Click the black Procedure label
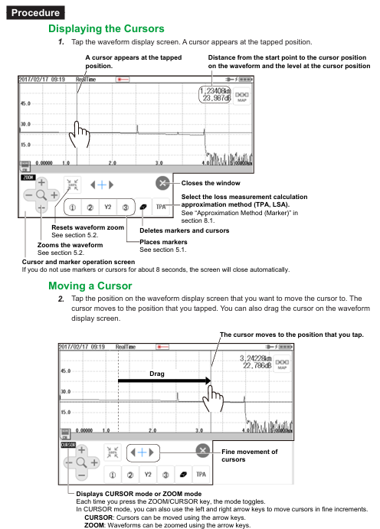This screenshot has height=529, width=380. [x=35, y=13]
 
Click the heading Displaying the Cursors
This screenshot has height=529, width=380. [x=106, y=28]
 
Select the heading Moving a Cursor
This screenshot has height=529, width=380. [x=90, y=286]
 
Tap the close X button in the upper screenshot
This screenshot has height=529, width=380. [x=162, y=183]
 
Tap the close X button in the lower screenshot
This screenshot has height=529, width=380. [x=203, y=450]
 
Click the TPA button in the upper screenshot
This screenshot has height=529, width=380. [x=161, y=207]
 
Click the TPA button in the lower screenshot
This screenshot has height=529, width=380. [x=201, y=475]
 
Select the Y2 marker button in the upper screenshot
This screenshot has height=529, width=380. [x=108, y=207]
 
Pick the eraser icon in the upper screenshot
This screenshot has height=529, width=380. [x=143, y=207]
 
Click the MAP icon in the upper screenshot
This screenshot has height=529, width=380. [x=242, y=96]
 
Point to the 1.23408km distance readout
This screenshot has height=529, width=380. [x=215, y=91]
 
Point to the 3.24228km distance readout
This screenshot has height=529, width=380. [x=255, y=358]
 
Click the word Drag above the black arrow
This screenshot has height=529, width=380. [x=157, y=374]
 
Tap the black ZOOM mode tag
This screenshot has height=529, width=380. [x=28, y=178]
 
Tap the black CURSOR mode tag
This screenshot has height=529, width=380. [x=68, y=445]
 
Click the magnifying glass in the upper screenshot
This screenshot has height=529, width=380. [x=41, y=195]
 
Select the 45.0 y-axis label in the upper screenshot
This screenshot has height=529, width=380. [x=25, y=103]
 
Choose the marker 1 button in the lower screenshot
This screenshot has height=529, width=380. [x=113, y=475]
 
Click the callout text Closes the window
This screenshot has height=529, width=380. [x=211, y=183]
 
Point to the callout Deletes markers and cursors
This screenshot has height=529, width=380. [x=185, y=230]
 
